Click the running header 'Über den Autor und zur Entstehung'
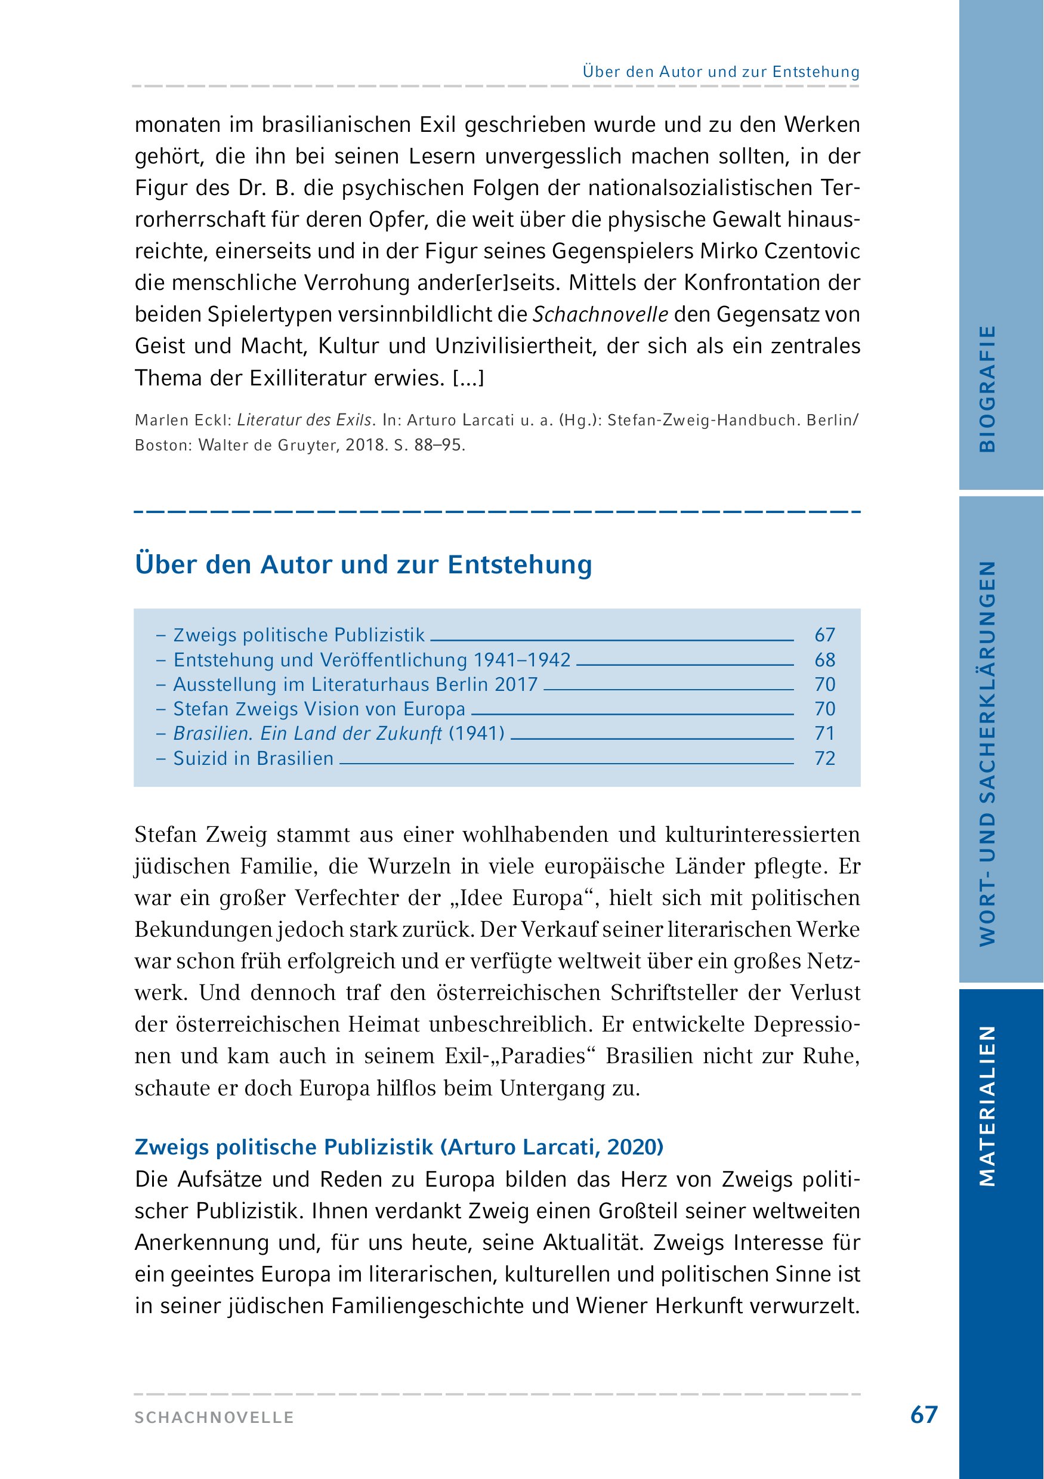click(721, 72)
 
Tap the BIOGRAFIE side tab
click(987, 388)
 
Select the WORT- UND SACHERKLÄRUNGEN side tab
click(987, 753)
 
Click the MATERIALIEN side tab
click(987, 1106)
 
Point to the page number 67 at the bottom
click(923, 1415)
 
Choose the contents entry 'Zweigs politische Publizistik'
click(299, 635)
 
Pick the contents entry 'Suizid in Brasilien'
click(253, 758)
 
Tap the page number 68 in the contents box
click(824, 660)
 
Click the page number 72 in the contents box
click(824, 758)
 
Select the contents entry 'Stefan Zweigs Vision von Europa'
click(319, 709)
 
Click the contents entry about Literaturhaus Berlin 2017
click(355, 684)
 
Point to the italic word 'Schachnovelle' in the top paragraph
click(600, 314)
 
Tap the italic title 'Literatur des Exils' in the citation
click(305, 420)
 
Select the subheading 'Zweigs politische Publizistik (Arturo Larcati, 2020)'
click(399, 1147)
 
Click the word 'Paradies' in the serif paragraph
click(544, 1057)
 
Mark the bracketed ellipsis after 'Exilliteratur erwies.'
click(468, 378)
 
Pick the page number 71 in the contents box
click(824, 734)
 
